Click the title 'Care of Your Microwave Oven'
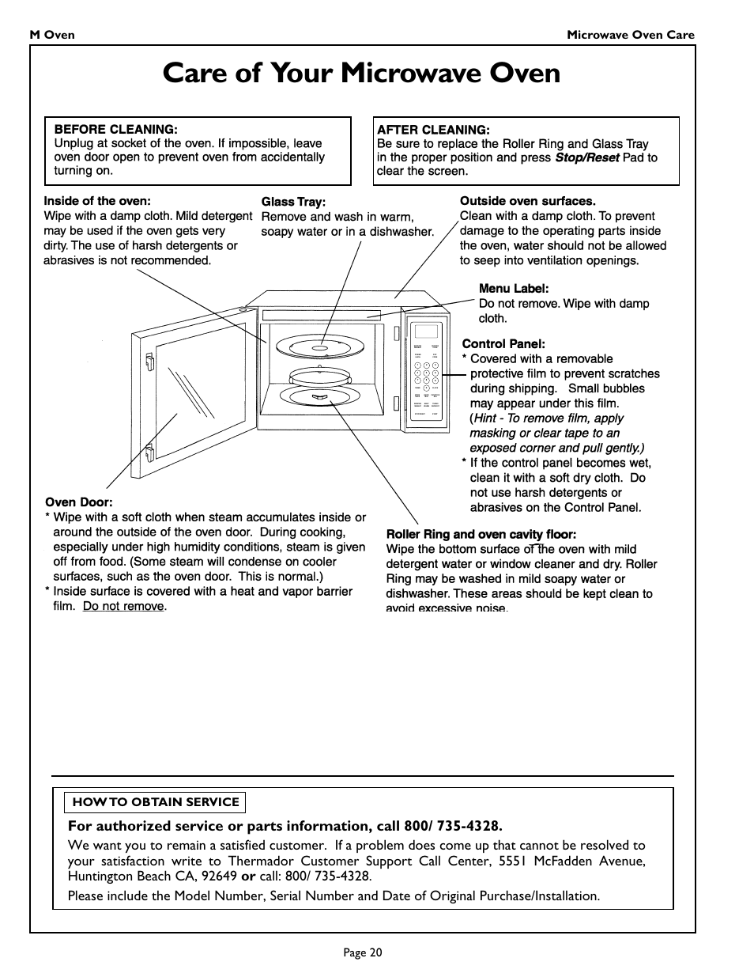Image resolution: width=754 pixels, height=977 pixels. click(x=361, y=74)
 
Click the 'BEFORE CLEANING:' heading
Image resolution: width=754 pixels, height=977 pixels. click(x=115, y=129)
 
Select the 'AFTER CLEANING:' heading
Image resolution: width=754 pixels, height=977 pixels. click(x=433, y=130)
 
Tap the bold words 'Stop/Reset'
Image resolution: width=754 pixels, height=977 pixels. click(x=586, y=157)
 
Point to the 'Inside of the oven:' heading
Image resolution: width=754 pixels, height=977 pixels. click(x=96, y=201)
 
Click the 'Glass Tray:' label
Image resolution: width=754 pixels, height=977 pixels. click(x=293, y=202)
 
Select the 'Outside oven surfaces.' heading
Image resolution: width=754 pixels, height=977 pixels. click(x=527, y=201)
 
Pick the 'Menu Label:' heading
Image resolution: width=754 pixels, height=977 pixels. click(x=513, y=289)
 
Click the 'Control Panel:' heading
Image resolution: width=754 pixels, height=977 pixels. click(x=503, y=344)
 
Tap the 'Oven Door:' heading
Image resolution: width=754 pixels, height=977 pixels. click(x=79, y=502)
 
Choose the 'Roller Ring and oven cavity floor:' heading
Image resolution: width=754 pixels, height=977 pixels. click(x=481, y=534)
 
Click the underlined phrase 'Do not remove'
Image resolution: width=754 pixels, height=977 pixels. click(x=123, y=606)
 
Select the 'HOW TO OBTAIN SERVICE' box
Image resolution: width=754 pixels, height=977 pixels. click(x=156, y=802)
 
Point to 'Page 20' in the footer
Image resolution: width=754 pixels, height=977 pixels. click(x=363, y=952)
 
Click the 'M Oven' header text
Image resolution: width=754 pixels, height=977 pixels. click(x=52, y=35)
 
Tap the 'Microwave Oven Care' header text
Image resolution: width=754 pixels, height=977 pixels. click(x=631, y=35)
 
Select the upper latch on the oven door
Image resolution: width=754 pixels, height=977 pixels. click(x=148, y=362)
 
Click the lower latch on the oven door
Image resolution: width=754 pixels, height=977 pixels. click(x=148, y=454)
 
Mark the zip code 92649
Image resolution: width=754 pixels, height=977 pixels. click(x=219, y=876)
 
